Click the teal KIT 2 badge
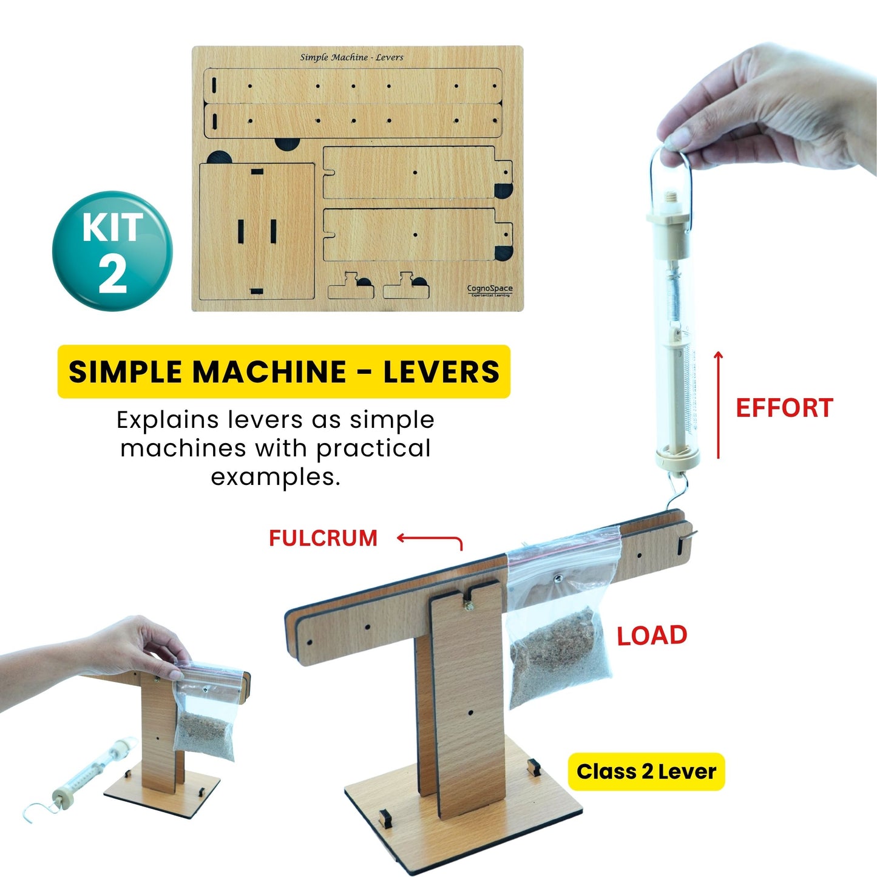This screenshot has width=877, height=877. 112,251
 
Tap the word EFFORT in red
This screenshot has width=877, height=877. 784,408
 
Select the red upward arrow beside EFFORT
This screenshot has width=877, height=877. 718,405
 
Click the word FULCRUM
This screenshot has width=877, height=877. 323,538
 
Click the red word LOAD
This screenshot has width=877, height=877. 652,636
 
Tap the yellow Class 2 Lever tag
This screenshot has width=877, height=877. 646,771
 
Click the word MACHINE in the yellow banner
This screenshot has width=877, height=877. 269,371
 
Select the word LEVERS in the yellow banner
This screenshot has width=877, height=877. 441,371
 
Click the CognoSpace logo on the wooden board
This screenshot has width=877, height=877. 490,290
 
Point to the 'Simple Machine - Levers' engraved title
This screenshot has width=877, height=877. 351,57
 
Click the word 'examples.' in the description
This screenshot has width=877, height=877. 276,478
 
